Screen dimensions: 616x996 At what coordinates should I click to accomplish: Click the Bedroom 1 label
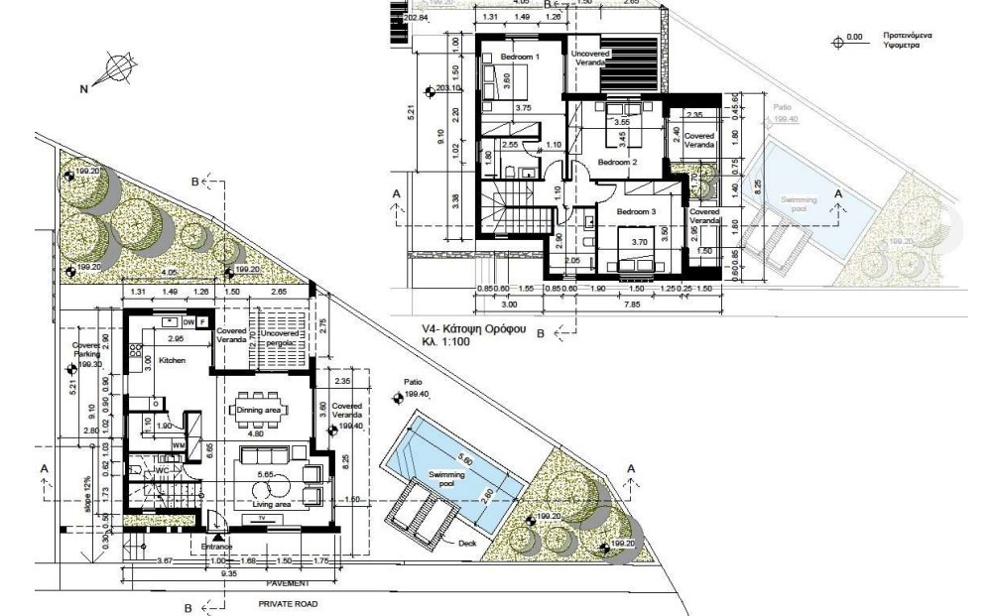[x=519, y=58]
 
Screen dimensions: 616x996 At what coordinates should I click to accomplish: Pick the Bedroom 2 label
[x=616, y=161]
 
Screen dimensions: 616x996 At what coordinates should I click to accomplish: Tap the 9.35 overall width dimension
[x=227, y=573]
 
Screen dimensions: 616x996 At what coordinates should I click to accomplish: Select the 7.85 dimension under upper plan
[x=645, y=305]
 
